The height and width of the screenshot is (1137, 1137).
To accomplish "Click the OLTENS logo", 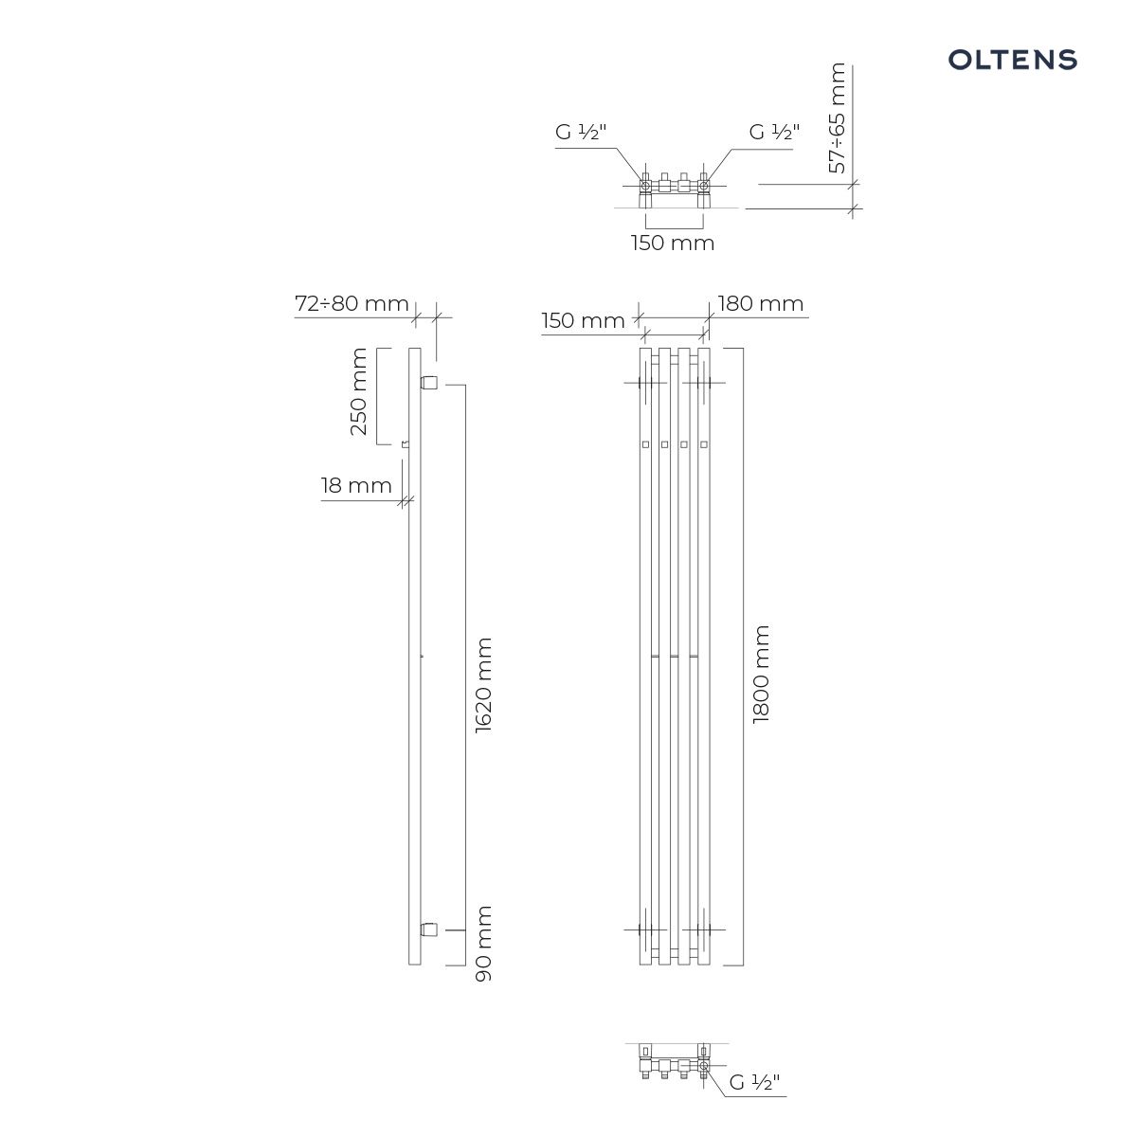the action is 1012,60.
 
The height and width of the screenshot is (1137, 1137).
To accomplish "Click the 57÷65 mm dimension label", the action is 837,117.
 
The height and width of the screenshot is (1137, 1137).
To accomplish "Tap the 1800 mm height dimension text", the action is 761,674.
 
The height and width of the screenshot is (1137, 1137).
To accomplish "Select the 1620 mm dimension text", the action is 483,685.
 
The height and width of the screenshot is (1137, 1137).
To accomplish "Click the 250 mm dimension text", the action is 358,391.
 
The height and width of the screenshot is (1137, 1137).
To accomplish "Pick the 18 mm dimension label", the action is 356,485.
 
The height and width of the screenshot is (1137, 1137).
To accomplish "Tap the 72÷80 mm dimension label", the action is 352,303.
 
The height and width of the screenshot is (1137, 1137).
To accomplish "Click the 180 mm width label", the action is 761,303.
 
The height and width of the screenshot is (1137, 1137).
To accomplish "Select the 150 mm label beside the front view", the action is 583,320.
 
